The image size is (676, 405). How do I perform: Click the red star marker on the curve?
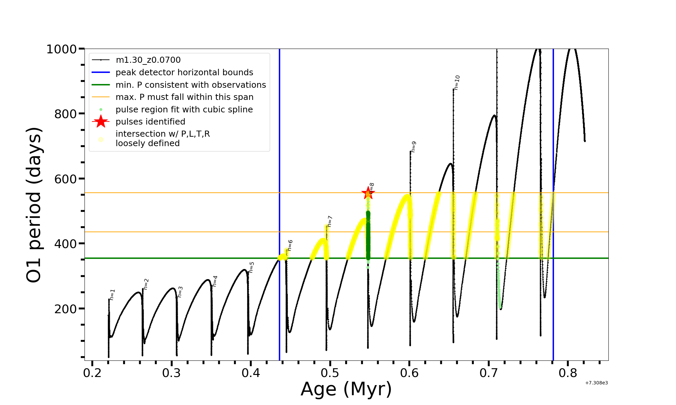(x=368, y=193)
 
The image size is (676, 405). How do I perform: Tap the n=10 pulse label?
(x=457, y=83)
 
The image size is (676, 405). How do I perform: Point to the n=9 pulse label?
(x=413, y=147)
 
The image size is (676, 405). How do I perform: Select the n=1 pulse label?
(x=112, y=295)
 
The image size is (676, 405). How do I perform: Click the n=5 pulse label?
(x=251, y=267)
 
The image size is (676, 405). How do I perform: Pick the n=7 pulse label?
(x=330, y=221)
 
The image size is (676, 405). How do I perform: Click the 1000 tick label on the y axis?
(x=62, y=49)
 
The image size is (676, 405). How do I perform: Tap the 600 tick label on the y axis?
(x=66, y=179)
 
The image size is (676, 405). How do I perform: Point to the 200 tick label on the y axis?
(x=66, y=309)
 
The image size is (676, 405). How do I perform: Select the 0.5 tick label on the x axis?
(x=330, y=373)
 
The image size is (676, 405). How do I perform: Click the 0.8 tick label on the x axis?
(x=568, y=373)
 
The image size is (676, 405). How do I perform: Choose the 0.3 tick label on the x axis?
(x=172, y=373)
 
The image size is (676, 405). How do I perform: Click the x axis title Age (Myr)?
(x=346, y=389)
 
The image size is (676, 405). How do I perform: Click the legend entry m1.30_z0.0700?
(x=148, y=60)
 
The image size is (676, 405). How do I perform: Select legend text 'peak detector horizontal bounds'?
(x=184, y=73)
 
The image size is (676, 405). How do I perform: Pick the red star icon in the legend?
(x=101, y=122)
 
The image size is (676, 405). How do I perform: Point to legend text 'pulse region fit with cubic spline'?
(x=184, y=110)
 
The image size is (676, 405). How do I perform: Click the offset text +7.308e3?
(x=597, y=383)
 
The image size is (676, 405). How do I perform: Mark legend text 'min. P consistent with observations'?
(x=191, y=85)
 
